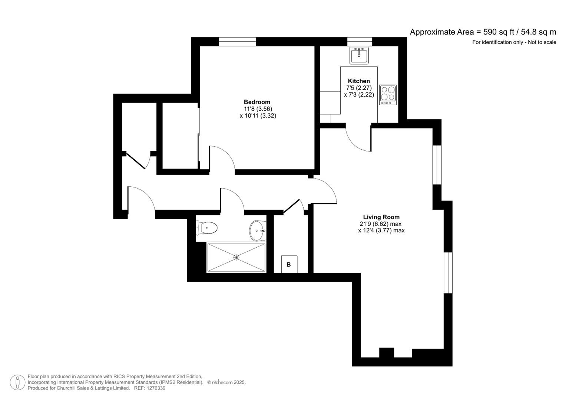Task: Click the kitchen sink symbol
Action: (x=359, y=56)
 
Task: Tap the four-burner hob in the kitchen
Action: (x=388, y=95)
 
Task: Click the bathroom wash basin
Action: (x=257, y=230)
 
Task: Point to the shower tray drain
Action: (x=236, y=257)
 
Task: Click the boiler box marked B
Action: (x=289, y=264)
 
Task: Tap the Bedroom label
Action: (x=257, y=102)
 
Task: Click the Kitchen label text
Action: (x=358, y=81)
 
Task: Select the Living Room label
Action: (x=381, y=217)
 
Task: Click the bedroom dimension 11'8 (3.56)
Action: (x=258, y=109)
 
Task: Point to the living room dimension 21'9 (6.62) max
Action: (x=381, y=224)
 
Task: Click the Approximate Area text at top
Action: (x=483, y=32)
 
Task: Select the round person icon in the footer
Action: (x=17, y=382)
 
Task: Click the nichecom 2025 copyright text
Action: (x=226, y=382)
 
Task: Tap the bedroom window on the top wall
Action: (x=237, y=42)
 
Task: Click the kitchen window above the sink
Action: (x=360, y=42)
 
